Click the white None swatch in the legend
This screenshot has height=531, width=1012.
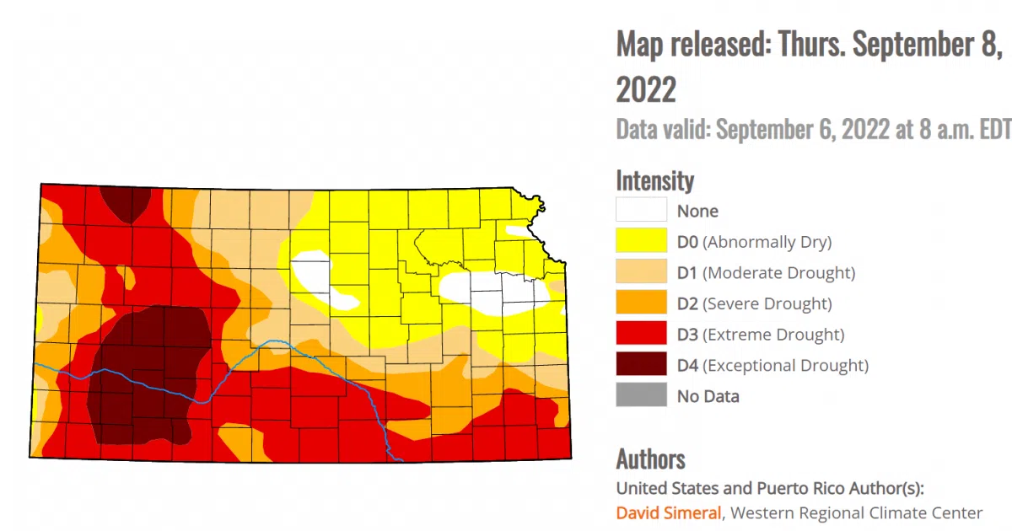coord(641,211)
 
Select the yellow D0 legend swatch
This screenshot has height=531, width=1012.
coord(641,242)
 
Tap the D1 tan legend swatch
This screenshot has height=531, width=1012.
coord(641,272)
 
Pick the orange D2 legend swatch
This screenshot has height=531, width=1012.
coord(641,303)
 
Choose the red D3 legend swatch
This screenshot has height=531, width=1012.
coord(641,334)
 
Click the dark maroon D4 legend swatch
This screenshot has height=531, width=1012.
coord(641,365)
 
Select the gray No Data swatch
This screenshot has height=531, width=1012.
coord(641,395)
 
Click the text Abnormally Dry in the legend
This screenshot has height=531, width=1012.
coord(767,242)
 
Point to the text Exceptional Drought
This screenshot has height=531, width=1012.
coord(785,365)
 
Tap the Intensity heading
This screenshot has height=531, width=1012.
coord(655,180)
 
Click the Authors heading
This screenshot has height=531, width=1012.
coord(650,459)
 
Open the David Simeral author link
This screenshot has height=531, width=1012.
coord(669,512)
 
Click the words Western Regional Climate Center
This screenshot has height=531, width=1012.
coord(857,512)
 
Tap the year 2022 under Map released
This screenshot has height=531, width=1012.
coord(646,88)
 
